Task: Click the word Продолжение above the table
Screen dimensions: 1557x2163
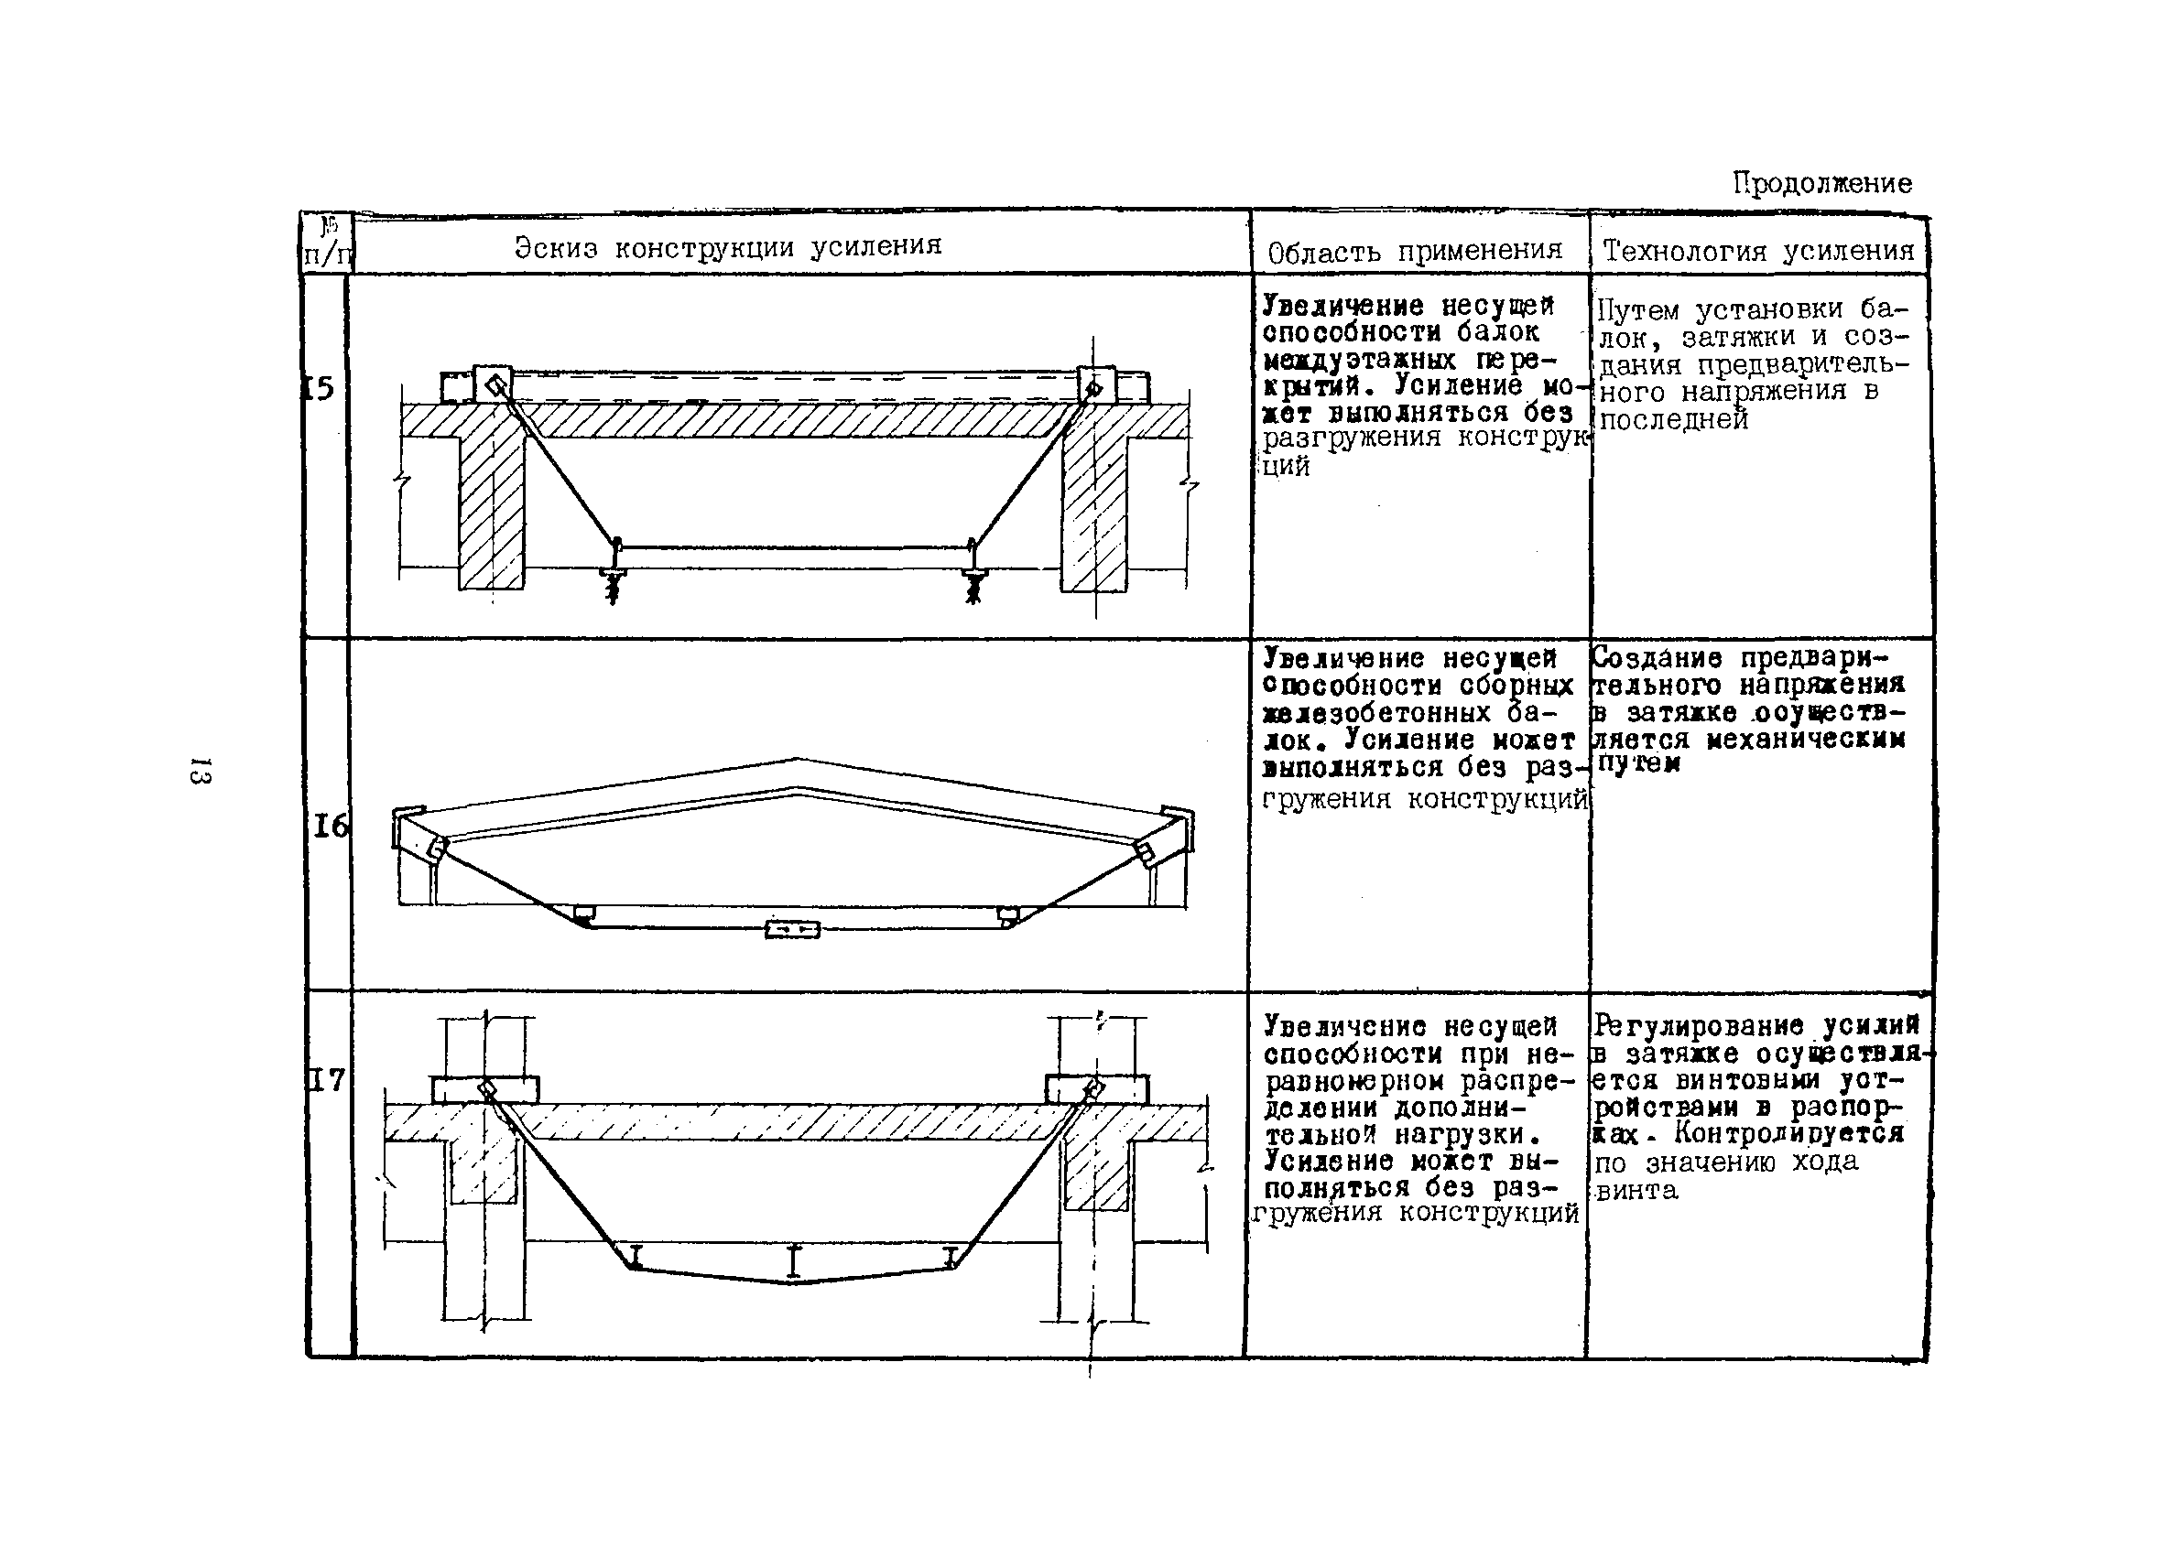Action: [x=1821, y=183]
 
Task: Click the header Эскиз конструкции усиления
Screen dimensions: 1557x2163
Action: [x=728, y=247]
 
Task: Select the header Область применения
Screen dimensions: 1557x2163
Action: [x=1416, y=251]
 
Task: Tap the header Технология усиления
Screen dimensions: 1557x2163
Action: [x=1758, y=251]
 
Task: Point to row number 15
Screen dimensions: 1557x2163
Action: [x=321, y=388]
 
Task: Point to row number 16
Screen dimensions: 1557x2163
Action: [x=330, y=826]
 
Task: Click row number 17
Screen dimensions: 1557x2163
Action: [x=326, y=1080]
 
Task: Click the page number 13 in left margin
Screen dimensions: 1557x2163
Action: [x=201, y=771]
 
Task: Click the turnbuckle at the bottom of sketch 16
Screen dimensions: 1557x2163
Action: [x=791, y=929]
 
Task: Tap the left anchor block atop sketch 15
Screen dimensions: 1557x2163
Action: [x=493, y=384]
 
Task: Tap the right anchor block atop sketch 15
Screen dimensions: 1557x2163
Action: [x=1095, y=385]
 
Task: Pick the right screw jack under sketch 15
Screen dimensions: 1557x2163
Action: [x=973, y=582]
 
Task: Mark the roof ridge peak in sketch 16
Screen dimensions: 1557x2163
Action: [x=796, y=761]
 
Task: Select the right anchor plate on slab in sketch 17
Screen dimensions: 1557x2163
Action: [x=1096, y=1088]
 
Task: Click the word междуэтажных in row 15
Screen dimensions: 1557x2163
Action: [x=1361, y=361]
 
